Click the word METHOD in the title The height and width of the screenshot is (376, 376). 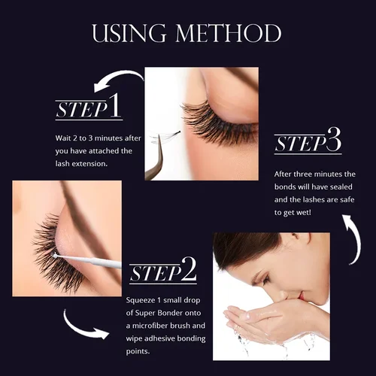point(225,33)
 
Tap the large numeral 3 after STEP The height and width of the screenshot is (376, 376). point(333,140)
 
